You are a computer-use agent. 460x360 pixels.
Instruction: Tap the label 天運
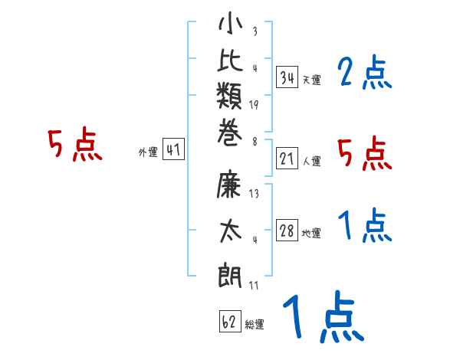pyautogui.click(x=311, y=80)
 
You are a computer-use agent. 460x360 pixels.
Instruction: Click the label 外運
pyautogui.click(x=148, y=152)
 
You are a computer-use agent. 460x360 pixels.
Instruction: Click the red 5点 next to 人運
pyautogui.click(x=365, y=154)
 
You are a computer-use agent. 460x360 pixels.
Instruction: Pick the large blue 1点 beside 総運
pyautogui.click(x=322, y=317)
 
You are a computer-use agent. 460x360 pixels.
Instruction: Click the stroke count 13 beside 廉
pyautogui.click(x=254, y=193)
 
